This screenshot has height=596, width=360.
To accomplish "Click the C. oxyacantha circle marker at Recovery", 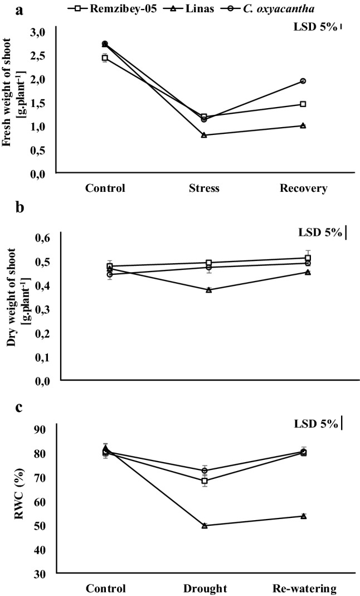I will pos(303,81).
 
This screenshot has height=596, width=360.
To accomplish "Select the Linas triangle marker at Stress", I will pos(204,135).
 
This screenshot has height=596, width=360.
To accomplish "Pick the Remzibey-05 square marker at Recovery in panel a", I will pos(303,104).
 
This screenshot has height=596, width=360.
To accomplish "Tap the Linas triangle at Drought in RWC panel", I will pos(205,525).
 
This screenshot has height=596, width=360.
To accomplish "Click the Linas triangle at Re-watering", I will pos(303,516).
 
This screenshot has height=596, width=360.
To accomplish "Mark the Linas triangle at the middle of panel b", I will pos(209,290).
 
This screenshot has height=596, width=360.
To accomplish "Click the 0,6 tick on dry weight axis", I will pos(45,238).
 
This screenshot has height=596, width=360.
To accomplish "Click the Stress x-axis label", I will pos(204,188).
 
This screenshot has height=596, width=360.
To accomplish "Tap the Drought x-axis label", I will pos(204,588).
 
